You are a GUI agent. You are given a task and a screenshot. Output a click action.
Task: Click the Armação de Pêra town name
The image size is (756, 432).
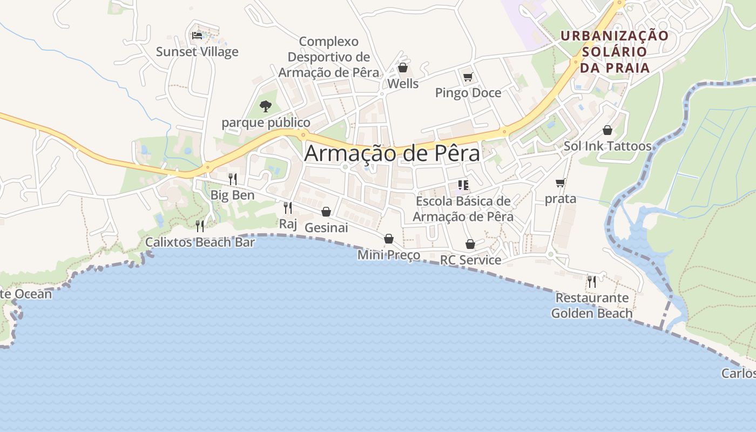pyautogui.click(x=392, y=153)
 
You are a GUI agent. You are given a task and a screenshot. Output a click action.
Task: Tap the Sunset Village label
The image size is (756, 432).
pyautogui.click(x=197, y=52)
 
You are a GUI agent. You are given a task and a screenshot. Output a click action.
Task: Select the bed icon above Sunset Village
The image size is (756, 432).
pyautogui.click(x=197, y=36)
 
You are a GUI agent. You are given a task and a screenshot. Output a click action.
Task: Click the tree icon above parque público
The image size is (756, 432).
pyautogui.click(x=265, y=106)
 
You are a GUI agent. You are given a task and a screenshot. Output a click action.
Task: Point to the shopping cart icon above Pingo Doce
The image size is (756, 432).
pyautogui.click(x=468, y=77)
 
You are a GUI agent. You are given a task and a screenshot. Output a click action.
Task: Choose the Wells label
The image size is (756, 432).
pyautogui.click(x=403, y=84)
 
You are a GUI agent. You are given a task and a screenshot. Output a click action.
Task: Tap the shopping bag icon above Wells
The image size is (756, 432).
pyautogui.click(x=402, y=67)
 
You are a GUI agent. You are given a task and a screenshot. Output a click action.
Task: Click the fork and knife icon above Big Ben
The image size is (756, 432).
pyautogui.click(x=233, y=179)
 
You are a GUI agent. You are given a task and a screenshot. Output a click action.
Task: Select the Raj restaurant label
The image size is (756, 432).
pyautogui.click(x=288, y=224)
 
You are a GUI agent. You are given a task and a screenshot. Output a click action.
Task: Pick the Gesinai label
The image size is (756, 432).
pyautogui.click(x=326, y=228)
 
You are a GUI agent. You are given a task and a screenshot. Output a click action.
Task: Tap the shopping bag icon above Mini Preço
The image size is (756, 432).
pyautogui.click(x=389, y=239)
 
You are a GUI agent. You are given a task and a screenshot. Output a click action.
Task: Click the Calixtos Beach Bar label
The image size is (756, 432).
pyautogui.click(x=200, y=242)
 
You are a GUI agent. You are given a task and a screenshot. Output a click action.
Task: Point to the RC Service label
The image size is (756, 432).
pyautogui.click(x=470, y=260)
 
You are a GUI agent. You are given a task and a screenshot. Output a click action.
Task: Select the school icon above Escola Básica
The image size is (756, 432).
pyautogui.click(x=463, y=185)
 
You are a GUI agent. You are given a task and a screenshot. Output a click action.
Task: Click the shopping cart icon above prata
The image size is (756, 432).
pyautogui.click(x=561, y=183)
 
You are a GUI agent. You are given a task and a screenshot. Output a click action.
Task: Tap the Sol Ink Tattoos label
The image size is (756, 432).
pyautogui.click(x=607, y=146)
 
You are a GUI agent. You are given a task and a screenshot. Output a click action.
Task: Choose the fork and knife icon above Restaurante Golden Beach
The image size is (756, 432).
pyautogui.click(x=592, y=281)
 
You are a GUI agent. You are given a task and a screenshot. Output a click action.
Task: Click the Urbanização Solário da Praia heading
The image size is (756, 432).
pyautogui.click(x=614, y=52)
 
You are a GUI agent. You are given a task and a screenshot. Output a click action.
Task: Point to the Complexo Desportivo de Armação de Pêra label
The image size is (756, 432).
pyautogui.click(x=329, y=57)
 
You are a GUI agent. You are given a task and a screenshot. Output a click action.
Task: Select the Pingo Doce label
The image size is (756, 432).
pyautogui.click(x=468, y=93)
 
